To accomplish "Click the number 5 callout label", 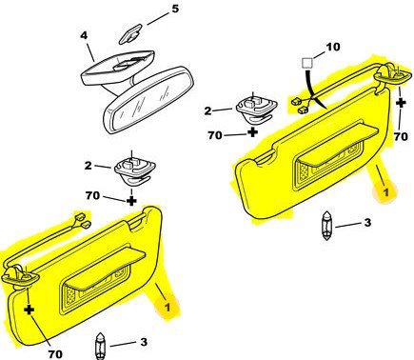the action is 175,9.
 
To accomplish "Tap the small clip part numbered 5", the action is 130,34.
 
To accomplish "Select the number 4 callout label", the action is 84,35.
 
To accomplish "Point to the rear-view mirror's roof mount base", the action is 117,68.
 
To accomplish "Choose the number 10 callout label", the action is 333,47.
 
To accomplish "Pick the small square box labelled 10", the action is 306,63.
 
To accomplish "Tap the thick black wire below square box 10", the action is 315,90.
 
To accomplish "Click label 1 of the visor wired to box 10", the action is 385,192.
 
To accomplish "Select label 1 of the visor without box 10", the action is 168,308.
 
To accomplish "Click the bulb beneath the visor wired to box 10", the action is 326,226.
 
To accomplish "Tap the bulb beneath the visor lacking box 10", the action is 100,347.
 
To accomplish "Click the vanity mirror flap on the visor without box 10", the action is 105,268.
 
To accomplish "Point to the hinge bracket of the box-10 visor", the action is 393,75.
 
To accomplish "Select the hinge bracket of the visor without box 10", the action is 20,276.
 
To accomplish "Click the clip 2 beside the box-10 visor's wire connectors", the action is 257,109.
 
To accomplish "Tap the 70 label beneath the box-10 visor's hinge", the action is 401,136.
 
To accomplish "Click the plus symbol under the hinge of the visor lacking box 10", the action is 30,309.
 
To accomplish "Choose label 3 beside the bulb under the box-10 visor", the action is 367,222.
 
